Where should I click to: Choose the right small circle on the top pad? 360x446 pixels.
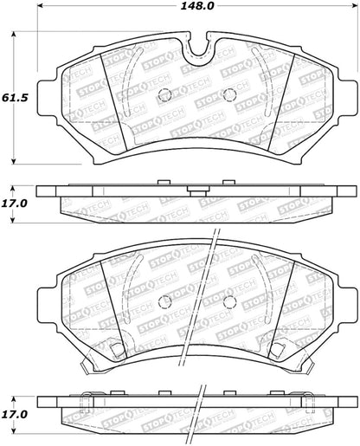229,95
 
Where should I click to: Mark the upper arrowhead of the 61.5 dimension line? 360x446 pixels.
15,35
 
